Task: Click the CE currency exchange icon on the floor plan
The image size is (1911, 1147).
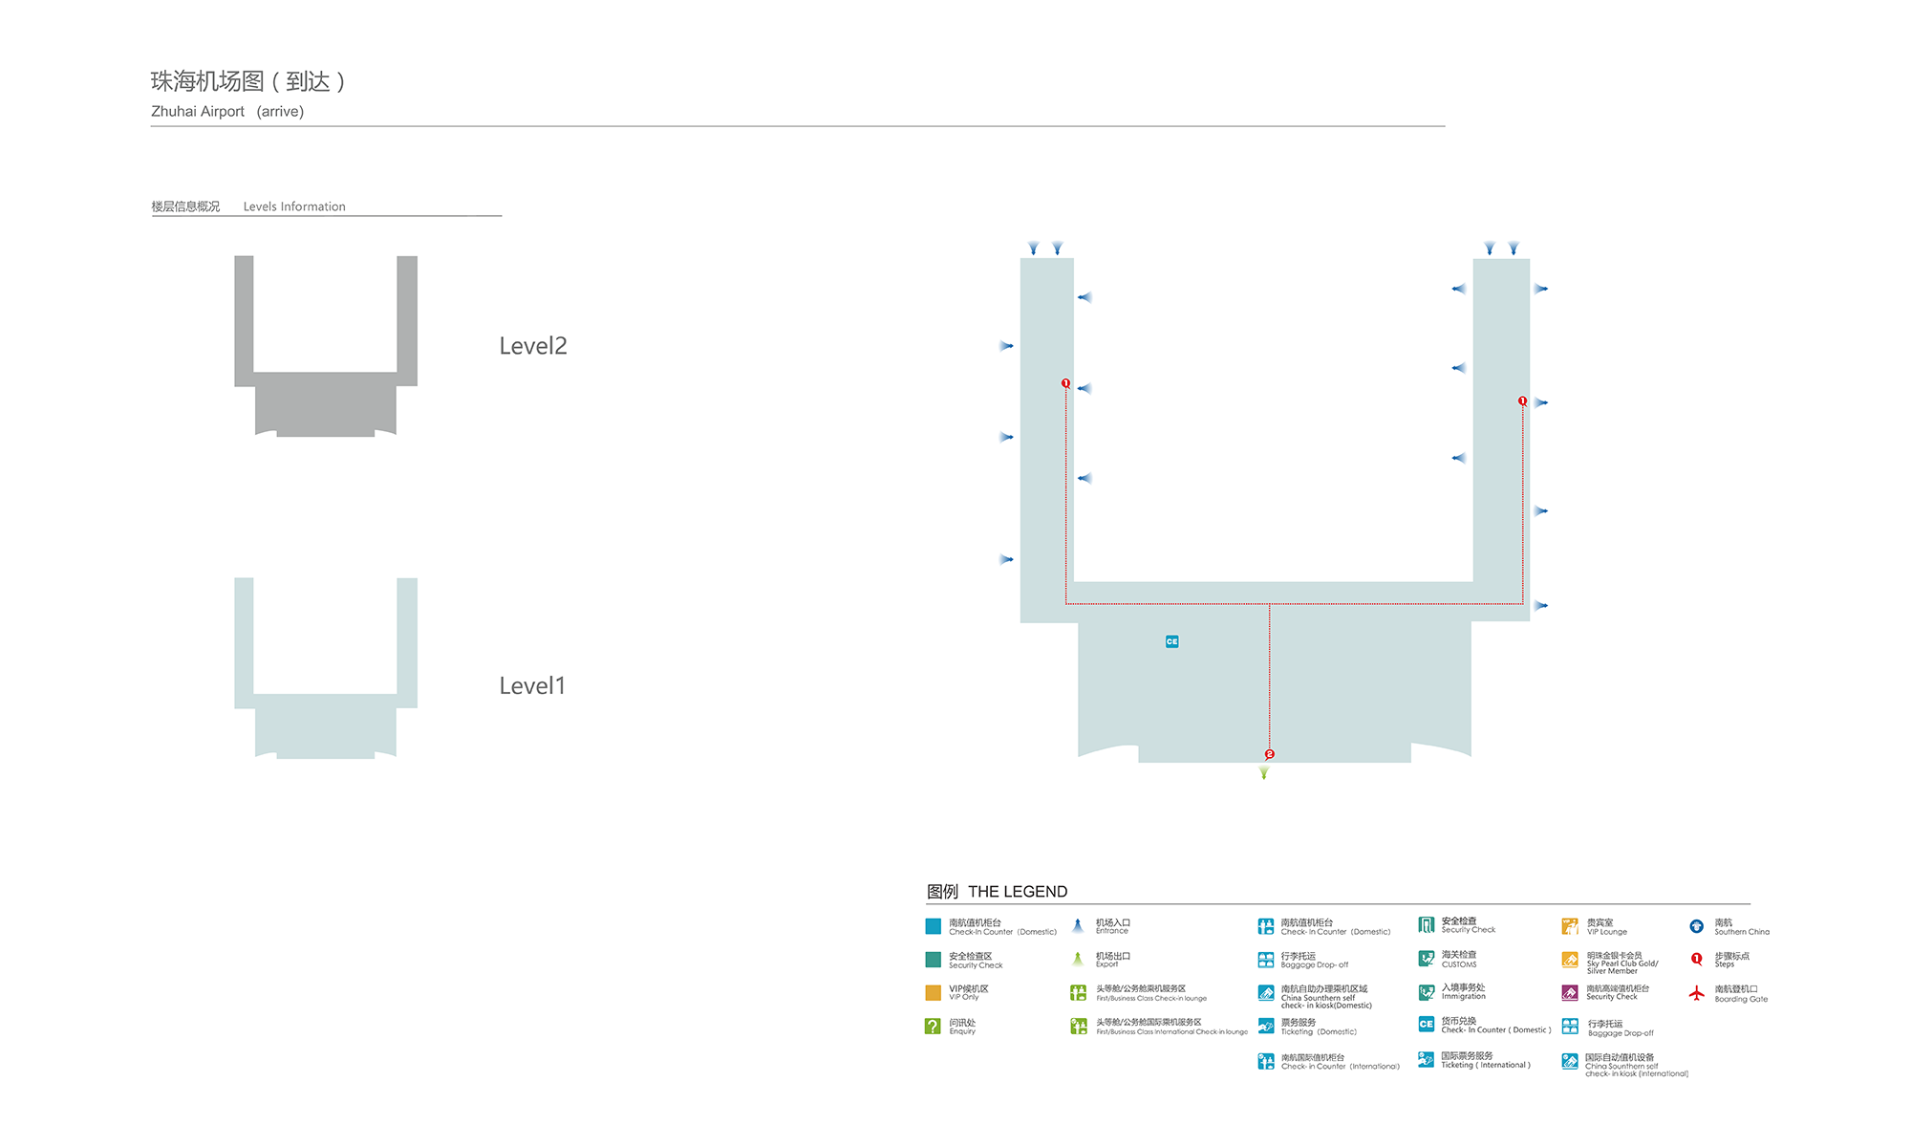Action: pyautogui.click(x=1171, y=641)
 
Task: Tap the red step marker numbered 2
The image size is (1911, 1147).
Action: pyautogui.click(x=1269, y=754)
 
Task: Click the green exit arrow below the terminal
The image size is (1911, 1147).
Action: pyautogui.click(x=1264, y=773)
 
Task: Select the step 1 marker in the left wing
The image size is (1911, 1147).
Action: pyautogui.click(x=1065, y=383)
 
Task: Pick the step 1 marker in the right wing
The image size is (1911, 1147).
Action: pyautogui.click(x=1522, y=401)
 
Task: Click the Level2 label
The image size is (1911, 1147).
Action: pyautogui.click(x=532, y=346)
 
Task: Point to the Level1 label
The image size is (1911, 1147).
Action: pyautogui.click(x=532, y=685)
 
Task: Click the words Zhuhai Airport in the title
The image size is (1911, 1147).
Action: pyautogui.click(x=198, y=112)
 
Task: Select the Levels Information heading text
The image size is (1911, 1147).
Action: pyautogui.click(x=294, y=206)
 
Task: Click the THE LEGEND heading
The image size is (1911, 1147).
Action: pyautogui.click(x=1018, y=892)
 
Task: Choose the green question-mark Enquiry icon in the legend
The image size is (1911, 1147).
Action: pyautogui.click(x=933, y=1026)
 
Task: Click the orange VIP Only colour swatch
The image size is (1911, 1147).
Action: pyautogui.click(x=933, y=992)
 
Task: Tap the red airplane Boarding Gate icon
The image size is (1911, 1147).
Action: pyautogui.click(x=1696, y=993)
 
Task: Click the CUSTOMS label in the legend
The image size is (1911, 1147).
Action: pyautogui.click(x=1459, y=964)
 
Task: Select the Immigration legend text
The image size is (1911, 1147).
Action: pyautogui.click(x=1463, y=996)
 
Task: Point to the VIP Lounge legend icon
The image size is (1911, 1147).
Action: pyautogui.click(x=1570, y=926)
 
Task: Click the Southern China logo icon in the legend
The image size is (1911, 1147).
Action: pyautogui.click(x=1696, y=926)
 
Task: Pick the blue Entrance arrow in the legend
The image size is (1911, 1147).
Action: pyautogui.click(x=1078, y=925)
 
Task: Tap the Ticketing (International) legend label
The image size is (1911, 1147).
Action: pyautogui.click(x=1485, y=1065)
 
